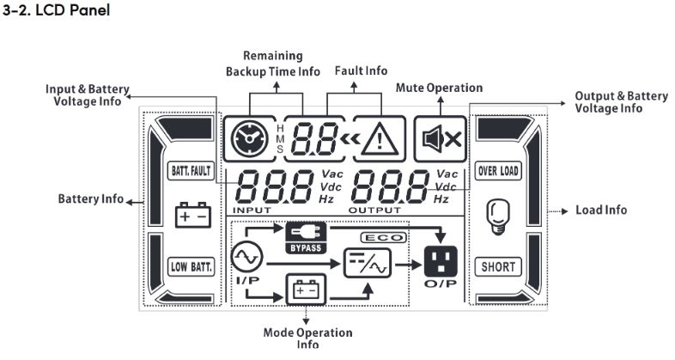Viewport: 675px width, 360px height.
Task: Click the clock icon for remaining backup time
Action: (247, 137)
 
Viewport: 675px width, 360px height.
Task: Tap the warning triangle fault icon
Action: (378, 138)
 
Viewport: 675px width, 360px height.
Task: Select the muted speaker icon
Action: (440, 137)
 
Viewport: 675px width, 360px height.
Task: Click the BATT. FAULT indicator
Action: (189, 171)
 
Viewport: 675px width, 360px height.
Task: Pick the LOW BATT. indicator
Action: (189, 266)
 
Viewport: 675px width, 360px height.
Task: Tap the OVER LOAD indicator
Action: (498, 171)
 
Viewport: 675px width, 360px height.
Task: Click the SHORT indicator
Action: (498, 266)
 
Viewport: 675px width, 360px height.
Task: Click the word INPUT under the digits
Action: (252, 210)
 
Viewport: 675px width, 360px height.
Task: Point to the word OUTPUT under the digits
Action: (374, 210)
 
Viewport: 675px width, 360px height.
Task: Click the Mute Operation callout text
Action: (439, 88)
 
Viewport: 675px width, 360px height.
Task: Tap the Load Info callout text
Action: (600, 210)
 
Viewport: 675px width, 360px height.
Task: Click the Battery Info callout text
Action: (90, 199)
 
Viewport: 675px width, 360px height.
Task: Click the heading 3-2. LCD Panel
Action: (58, 13)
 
